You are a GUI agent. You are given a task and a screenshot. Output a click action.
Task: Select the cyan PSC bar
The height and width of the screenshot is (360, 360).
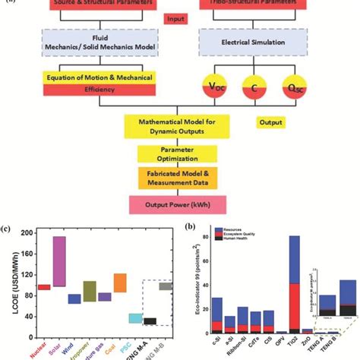tap(135, 318)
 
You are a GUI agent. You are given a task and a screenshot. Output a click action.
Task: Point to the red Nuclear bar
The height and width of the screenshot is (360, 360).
tap(44, 287)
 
